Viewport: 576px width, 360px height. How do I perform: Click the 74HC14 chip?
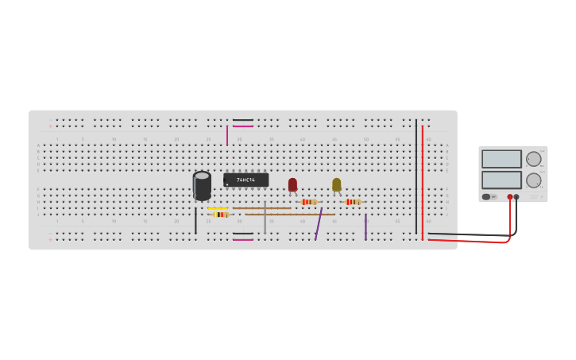pyautogui.click(x=245, y=180)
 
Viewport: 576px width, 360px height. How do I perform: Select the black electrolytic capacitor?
pyautogui.click(x=202, y=186)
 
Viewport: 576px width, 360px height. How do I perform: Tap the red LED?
pyautogui.click(x=292, y=184)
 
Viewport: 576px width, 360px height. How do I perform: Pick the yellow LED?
pyautogui.click(x=336, y=184)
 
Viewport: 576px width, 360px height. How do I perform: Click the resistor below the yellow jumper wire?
pyautogui.click(x=220, y=215)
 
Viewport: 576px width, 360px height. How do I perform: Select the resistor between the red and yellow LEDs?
pyautogui.click(x=309, y=202)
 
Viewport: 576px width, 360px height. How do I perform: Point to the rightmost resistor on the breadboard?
pyautogui.click(x=353, y=202)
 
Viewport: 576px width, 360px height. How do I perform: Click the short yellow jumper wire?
pyautogui.click(x=218, y=208)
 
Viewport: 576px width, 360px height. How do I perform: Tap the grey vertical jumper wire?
pyautogui.click(x=265, y=216)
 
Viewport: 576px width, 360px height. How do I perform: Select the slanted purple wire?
pyautogui.click(x=319, y=223)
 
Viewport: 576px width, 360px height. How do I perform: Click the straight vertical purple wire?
pyautogui.click(x=365, y=226)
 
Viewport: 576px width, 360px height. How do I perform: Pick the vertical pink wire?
pyautogui.click(x=227, y=135)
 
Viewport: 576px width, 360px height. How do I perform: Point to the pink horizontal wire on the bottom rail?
pyautogui.click(x=243, y=240)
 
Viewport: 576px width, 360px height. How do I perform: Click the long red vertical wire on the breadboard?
pyautogui.click(x=422, y=179)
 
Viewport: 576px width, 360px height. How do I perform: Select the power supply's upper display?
pyautogui.click(x=501, y=159)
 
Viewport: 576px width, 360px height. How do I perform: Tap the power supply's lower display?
pyautogui.click(x=501, y=180)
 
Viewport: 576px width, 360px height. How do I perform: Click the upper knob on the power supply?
pyautogui.click(x=533, y=159)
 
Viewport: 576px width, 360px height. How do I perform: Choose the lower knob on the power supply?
pyautogui.click(x=533, y=180)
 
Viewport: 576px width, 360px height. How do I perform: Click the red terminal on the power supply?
pyautogui.click(x=510, y=197)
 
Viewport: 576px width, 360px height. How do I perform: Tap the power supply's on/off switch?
pyautogui.click(x=486, y=196)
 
